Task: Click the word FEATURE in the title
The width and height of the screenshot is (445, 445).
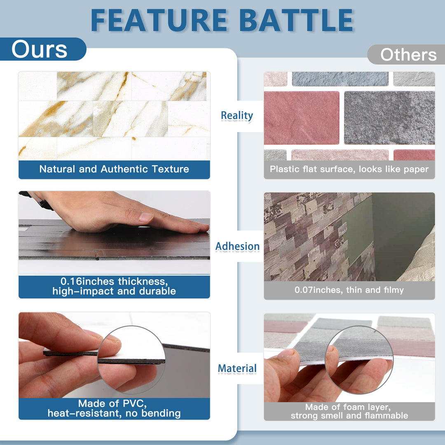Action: pyautogui.click(x=159, y=20)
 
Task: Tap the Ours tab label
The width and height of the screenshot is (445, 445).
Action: pyautogui.click(x=40, y=49)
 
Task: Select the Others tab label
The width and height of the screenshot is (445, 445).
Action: pyautogui.click(x=408, y=55)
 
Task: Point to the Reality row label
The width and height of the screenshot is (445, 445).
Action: pyautogui.click(x=237, y=116)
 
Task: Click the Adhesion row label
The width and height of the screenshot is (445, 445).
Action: pyautogui.click(x=237, y=246)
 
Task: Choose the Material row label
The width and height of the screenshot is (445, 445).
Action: pyautogui.click(x=237, y=368)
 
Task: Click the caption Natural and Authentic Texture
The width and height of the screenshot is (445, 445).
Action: pyautogui.click(x=114, y=169)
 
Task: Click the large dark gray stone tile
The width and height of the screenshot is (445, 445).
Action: pyautogui.click(x=389, y=118)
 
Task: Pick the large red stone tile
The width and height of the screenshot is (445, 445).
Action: pyautogui.click(x=301, y=118)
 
